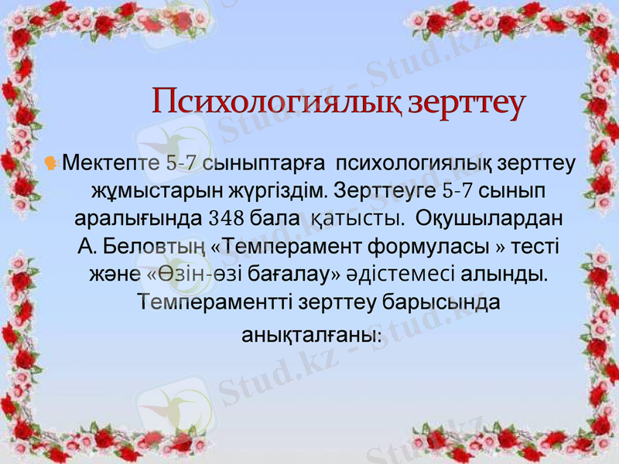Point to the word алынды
click(x=502, y=275)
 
